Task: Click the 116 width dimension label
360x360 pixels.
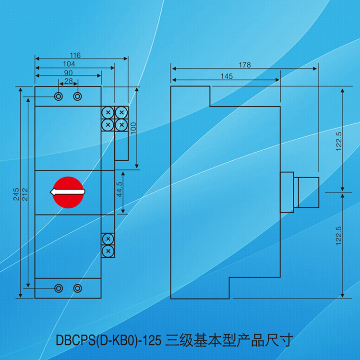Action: click(74, 55)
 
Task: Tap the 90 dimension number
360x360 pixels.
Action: click(68, 72)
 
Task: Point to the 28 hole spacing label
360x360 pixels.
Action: click(68, 81)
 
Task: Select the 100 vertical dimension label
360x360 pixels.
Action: click(134, 129)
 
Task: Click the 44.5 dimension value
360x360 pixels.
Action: click(120, 191)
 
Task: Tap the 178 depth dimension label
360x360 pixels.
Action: click(245, 65)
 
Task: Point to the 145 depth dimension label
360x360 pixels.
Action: click(227, 76)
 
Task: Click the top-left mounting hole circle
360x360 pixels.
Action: click(59, 96)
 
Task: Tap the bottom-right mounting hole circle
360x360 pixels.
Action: click(77, 288)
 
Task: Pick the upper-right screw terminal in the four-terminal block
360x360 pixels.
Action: click(122, 112)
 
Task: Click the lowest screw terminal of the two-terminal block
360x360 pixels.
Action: click(108, 251)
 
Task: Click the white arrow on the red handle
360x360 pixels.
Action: click(67, 192)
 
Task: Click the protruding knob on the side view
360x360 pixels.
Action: click(307, 192)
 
